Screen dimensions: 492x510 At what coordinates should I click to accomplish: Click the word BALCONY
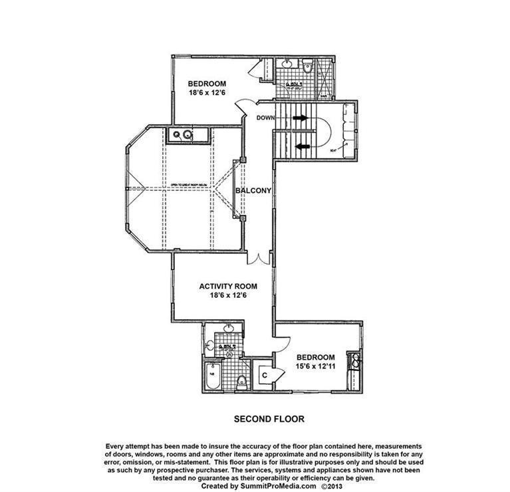pos(254,191)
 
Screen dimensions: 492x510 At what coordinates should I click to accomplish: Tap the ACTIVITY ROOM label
pos(228,287)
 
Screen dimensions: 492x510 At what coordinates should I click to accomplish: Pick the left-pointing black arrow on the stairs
pos(303,146)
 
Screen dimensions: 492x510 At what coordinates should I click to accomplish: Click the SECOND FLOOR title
pos(269,420)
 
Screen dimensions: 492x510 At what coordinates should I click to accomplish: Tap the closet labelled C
pos(264,375)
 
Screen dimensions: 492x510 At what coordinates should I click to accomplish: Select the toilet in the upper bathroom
pos(308,66)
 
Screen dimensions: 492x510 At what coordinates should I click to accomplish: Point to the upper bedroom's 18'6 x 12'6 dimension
pos(207,93)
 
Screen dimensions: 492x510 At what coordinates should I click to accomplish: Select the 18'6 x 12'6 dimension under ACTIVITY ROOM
pos(228,297)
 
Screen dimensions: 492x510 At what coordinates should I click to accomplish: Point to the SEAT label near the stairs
pos(333,152)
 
